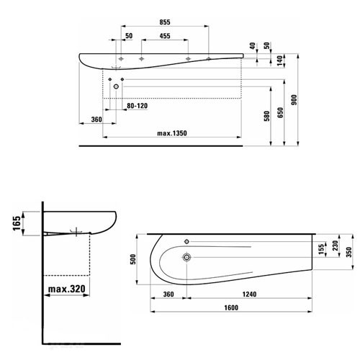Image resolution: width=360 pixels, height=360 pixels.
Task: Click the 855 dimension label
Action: click(165, 22)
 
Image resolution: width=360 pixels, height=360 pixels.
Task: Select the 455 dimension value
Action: click(165, 36)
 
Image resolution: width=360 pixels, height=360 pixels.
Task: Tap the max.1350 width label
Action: click(172, 133)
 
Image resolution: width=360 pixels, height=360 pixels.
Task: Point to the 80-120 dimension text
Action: click(137, 106)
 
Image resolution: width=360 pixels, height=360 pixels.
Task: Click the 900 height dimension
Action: click(294, 100)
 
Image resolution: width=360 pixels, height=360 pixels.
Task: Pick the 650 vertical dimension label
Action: click(280, 112)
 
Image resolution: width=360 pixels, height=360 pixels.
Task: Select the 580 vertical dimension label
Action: click(267, 116)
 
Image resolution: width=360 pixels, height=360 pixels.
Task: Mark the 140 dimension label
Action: click(280, 60)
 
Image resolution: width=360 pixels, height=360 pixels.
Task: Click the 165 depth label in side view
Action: click(17, 223)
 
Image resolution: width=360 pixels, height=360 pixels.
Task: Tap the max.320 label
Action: click(67, 289)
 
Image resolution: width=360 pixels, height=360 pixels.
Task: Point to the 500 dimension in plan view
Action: click(132, 259)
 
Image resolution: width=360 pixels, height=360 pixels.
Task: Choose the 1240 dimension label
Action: click(249, 294)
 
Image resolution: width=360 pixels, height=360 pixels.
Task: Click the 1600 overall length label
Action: click(231, 307)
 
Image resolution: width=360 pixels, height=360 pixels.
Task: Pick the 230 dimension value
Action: click(335, 246)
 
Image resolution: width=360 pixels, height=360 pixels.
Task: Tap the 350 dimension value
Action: click(348, 252)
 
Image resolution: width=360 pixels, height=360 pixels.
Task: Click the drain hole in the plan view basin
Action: click(186, 257)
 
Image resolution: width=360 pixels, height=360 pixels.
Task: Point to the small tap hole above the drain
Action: click(186, 241)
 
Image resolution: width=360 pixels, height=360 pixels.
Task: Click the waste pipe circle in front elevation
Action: click(116, 86)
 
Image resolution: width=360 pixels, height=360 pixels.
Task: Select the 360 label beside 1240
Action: click(168, 294)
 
